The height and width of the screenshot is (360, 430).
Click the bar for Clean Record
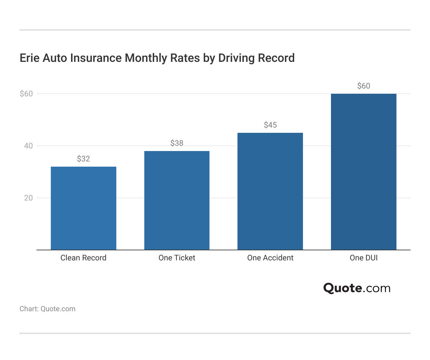(x=83, y=208)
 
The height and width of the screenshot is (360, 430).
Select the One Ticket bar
(x=177, y=201)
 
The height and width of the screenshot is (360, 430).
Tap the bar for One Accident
(x=270, y=191)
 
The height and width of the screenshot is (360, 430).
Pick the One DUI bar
(x=364, y=172)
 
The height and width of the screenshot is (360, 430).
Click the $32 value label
(x=83, y=159)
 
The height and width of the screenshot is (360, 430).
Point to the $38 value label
(x=177, y=143)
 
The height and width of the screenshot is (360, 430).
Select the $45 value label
(x=270, y=125)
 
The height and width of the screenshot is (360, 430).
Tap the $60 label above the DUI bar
(x=364, y=86)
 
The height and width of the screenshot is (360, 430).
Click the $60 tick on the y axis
(x=26, y=94)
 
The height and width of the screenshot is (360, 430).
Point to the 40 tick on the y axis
(x=28, y=146)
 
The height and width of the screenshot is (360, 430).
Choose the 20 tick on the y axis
(x=28, y=198)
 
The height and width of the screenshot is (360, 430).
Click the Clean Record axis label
(x=83, y=258)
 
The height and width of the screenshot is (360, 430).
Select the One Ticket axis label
(x=177, y=258)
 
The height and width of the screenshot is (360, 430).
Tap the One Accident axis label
(x=270, y=258)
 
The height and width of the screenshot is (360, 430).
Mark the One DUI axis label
(x=364, y=258)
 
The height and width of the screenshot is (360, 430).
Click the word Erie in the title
(x=30, y=58)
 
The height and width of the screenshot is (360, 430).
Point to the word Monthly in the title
(x=146, y=58)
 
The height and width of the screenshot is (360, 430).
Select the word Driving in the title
(x=236, y=58)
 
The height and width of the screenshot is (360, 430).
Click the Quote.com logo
(x=357, y=288)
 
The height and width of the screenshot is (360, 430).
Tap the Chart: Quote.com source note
(x=48, y=309)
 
